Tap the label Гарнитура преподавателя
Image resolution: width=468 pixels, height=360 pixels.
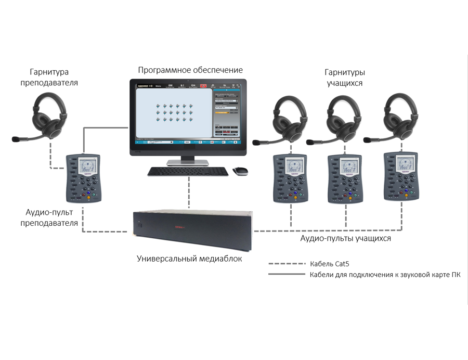(49, 77)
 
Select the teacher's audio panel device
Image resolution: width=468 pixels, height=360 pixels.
(83, 178)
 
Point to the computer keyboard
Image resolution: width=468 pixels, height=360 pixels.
(188, 171)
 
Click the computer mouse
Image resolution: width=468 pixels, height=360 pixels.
(240, 171)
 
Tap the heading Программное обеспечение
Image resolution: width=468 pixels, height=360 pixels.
(190, 70)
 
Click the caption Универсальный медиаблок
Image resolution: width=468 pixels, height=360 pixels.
(189, 258)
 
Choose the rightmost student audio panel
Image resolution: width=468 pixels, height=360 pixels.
(400, 176)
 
